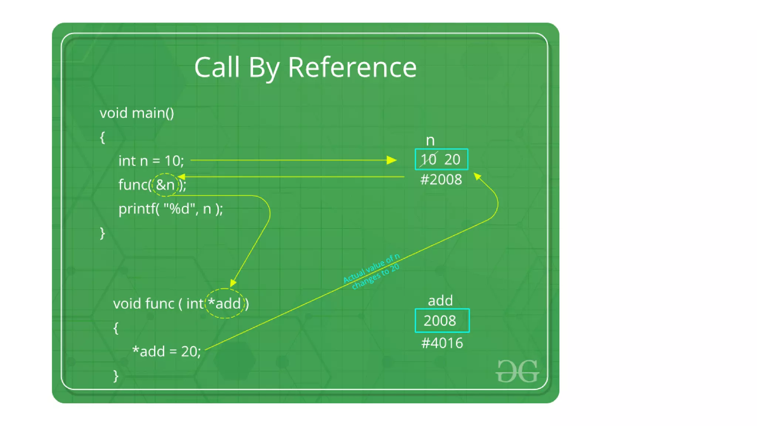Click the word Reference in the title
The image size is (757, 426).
point(352,68)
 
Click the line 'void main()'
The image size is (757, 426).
point(137,113)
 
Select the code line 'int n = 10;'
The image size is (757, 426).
point(151,161)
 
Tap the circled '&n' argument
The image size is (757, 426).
point(165,185)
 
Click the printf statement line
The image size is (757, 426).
point(170,209)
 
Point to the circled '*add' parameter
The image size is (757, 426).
point(225,304)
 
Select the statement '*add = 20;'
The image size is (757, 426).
point(166,351)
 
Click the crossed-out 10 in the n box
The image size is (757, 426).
point(428,160)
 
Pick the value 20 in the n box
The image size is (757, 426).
point(452,160)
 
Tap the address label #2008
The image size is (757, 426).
point(441,180)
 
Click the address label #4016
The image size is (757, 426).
point(442,343)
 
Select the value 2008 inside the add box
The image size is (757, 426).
point(439,321)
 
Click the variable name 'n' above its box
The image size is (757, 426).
point(430,141)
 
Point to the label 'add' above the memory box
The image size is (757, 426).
point(440,301)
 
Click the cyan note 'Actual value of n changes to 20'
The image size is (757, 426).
point(372,272)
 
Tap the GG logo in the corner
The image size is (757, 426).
point(517,371)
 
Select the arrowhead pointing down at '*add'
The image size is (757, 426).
point(232,283)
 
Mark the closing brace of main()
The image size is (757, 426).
point(102,233)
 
